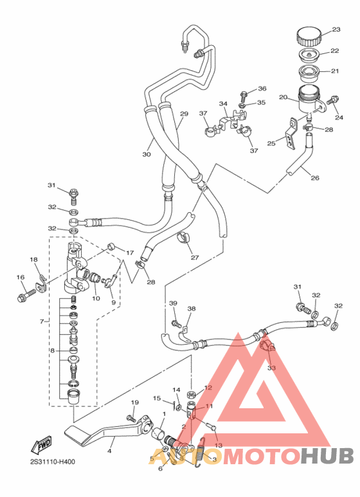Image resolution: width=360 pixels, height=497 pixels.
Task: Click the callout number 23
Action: (x=336, y=30)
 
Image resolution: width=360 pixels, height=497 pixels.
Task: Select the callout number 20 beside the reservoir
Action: (x=282, y=97)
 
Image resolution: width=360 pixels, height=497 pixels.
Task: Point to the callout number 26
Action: (x=314, y=178)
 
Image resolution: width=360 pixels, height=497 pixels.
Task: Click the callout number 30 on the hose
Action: (x=147, y=154)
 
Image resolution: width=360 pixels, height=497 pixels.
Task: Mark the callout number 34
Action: (x=223, y=103)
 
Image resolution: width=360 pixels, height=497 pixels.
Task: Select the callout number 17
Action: (x=129, y=253)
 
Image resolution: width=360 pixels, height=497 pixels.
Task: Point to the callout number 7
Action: (x=42, y=321)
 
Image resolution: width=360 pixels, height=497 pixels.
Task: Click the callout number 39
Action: (x=172, y=303)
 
